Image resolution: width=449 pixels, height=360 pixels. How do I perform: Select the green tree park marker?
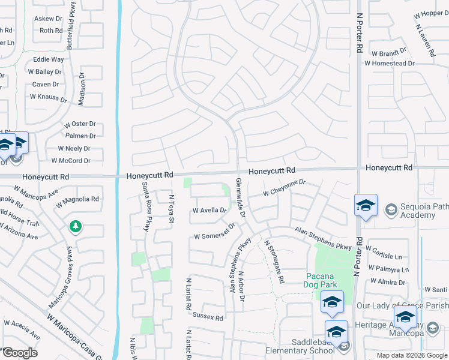tap(76, 227)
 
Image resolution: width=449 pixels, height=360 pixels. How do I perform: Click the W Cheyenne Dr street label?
tap(285, 188)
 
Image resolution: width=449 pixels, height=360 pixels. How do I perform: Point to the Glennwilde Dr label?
tap(241, 197)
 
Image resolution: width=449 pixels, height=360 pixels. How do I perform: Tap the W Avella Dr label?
tap(209, 211)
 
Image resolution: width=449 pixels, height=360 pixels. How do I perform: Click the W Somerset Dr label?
tap(214, 233)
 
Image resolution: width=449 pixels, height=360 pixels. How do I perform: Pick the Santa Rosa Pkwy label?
tap(145, 208)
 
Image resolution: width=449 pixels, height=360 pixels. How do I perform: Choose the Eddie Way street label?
tap(49, 60)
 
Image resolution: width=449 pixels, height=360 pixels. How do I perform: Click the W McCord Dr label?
tap(71, 161)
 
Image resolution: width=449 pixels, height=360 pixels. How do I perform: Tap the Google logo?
tap(19, 352)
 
